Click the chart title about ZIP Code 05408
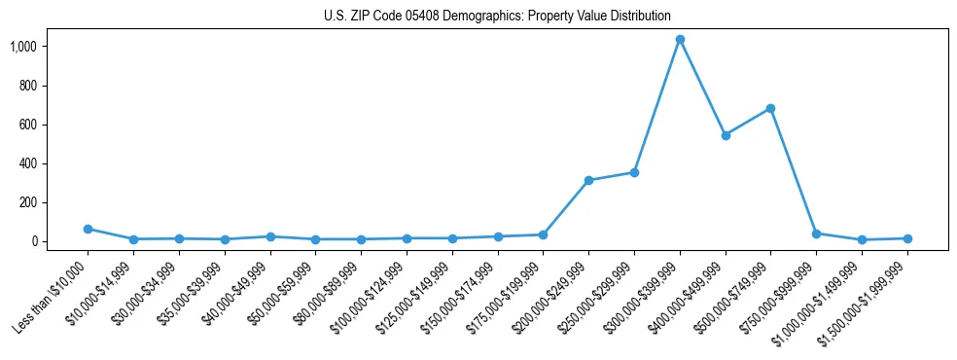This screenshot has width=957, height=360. [x=497, y=16]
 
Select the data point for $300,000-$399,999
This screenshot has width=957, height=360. [x=680, y=40]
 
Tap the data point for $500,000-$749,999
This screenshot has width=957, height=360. [x=770, y=108]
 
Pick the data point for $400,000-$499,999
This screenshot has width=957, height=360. [x=726, y=135]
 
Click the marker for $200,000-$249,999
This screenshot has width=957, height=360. [x=588, y=180]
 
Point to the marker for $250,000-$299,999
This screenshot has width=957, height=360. [x=634, y=172]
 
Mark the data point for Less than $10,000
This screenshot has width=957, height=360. [x=88, y=229]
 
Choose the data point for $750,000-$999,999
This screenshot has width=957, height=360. [x=816, y=234]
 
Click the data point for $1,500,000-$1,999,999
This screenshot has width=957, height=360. [x=907, y=238]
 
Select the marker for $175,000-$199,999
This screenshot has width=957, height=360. [x=543, y=234]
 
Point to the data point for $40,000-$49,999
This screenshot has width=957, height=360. [x=269, y=236]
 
